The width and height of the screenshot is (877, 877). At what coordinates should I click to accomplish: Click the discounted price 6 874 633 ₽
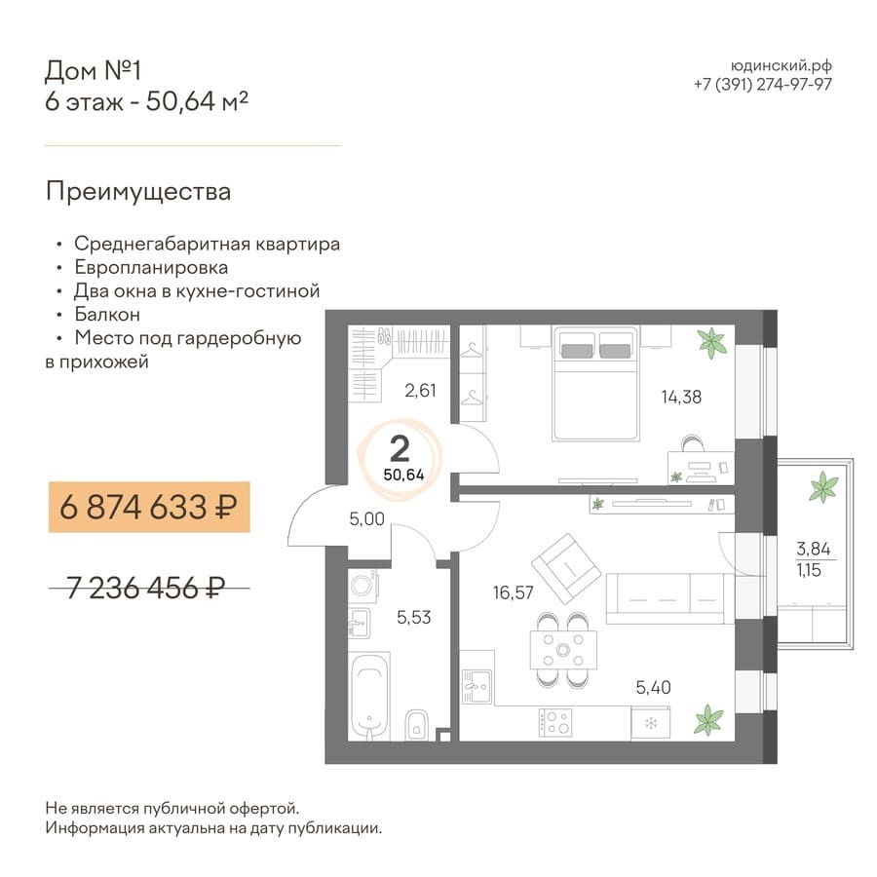148,508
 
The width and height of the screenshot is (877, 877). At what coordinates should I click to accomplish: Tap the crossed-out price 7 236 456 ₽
146,588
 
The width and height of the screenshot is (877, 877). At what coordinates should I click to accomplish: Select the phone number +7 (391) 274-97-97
763,85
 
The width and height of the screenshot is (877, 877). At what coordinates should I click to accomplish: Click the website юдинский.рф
782,66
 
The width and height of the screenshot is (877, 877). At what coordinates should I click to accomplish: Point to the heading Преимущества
138,192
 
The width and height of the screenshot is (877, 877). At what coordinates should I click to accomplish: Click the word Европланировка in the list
151,268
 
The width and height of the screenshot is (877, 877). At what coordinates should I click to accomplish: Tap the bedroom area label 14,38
681,398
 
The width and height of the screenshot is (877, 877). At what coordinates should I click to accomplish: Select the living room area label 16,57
513,592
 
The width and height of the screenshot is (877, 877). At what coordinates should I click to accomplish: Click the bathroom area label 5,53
414,618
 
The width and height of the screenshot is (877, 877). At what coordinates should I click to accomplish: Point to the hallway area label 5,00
367,519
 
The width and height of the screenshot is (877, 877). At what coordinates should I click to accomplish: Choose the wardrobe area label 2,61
421,391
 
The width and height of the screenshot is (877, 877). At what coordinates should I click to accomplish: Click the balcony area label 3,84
814,548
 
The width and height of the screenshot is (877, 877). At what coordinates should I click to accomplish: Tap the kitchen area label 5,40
653,687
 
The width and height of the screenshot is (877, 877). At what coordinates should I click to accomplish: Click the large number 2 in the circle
400,448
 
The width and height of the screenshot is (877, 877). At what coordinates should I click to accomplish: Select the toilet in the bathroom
415,724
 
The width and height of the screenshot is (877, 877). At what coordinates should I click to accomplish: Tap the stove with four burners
554,722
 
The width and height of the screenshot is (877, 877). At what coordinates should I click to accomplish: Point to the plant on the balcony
823,486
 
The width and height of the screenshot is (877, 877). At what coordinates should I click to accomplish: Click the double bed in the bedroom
595,383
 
